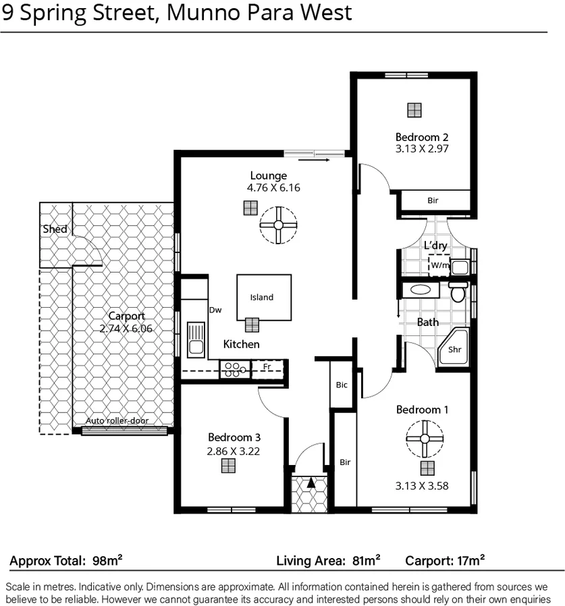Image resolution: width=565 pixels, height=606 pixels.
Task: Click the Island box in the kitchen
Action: tap(263, 297)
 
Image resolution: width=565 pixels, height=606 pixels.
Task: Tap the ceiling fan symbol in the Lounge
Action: tap(278, 225)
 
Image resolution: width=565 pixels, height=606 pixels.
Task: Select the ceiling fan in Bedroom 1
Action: tap(425, 438)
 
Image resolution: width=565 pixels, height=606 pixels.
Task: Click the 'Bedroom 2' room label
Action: tap(422, 136)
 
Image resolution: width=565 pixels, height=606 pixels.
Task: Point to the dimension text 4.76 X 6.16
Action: tap(273, 188)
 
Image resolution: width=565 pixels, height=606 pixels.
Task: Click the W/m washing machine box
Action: tap(439, 265)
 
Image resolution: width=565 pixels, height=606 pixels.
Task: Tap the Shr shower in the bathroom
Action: tap(455, 350)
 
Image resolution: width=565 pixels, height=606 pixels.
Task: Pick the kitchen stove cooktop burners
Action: tap(234, 368)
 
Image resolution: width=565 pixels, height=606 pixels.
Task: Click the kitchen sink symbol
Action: tap(196, 339)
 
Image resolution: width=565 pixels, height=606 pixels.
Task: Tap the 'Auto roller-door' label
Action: tap(117, 420)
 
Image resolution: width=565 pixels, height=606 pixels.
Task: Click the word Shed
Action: tap(55, 229)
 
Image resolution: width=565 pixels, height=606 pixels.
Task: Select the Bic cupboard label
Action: tap(342, 385)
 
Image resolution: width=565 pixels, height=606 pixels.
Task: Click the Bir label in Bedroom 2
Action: tap(433, 200)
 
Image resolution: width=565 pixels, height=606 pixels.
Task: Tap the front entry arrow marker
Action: tap(311, 483)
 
